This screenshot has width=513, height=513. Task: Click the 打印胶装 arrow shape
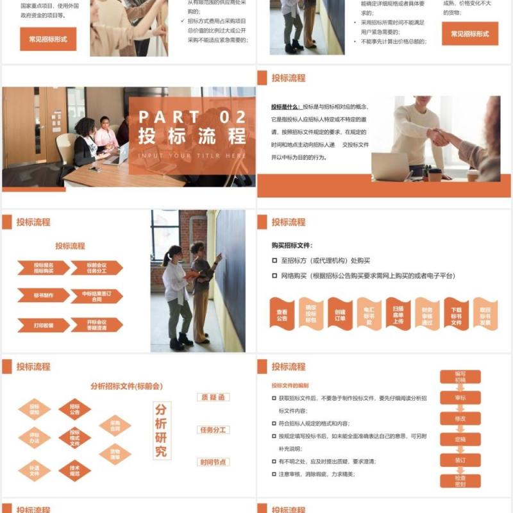tap(44, 325)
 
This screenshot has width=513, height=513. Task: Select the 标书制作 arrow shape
tap(44, 296)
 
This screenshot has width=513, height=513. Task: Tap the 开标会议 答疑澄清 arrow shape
tap(96, 325)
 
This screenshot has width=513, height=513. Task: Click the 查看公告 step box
tap(282, 314)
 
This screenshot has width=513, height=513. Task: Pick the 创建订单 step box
tap(340, 314)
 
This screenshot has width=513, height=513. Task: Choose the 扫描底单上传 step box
tap(398, 314)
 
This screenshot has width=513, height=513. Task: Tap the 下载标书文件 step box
tap(456, 314)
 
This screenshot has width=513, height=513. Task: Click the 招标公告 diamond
tap(74, 410)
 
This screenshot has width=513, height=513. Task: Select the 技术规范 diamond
tap(74, 470)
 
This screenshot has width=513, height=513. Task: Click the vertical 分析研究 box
tap(161, 430)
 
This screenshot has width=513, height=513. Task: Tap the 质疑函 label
tap(214, 398)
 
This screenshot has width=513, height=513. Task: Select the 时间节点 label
tap(214, 462)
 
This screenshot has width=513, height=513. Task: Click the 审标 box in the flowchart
tap(460, 398)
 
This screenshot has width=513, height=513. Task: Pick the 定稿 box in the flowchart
tap(460, 439)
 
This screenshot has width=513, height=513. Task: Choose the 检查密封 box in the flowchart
tap(460, 481)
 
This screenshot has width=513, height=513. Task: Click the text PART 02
tap(192, 117)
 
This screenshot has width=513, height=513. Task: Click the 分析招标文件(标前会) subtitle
tap(127, 386)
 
